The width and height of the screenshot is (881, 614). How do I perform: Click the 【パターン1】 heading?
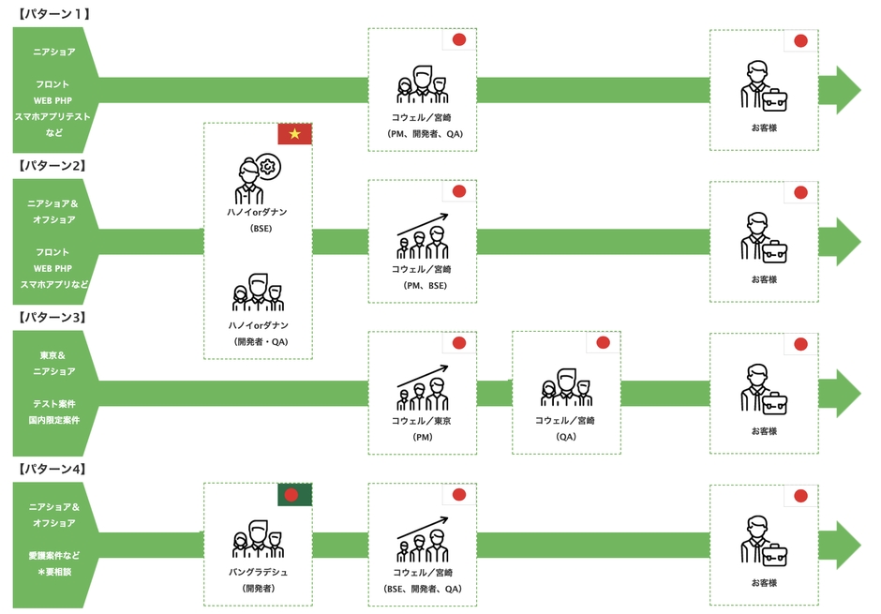pos(52,13)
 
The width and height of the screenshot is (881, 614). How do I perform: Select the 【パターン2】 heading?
pos(52,165)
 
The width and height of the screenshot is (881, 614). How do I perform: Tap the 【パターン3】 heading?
pos(52,317)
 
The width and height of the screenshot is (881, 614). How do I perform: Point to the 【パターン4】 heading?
pos(52,469)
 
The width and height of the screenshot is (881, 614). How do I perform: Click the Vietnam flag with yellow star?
pos(294,134)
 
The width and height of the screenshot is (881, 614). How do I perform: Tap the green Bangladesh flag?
pos(294,494)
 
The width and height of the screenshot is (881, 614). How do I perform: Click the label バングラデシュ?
pos(258,572)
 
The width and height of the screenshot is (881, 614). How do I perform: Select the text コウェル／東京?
pos(422,420)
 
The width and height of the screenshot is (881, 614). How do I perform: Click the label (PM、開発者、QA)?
pos(425,134)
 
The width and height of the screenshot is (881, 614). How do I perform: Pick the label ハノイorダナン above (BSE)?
pos(258,212)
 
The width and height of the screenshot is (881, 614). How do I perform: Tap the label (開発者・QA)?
pos(261,341)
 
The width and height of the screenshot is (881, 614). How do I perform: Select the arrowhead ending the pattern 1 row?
pos(840,90)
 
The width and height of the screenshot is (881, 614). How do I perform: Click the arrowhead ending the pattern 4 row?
pos(840,545)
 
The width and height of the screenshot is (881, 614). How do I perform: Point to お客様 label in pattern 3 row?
pos(764,431)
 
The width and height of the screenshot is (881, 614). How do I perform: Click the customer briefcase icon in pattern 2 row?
pos(764,237)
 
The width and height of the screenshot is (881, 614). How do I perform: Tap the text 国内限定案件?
pos(54,420)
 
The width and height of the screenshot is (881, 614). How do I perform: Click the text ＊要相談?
pos(54,571)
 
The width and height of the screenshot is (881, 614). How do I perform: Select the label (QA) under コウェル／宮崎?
pos(566,437)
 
